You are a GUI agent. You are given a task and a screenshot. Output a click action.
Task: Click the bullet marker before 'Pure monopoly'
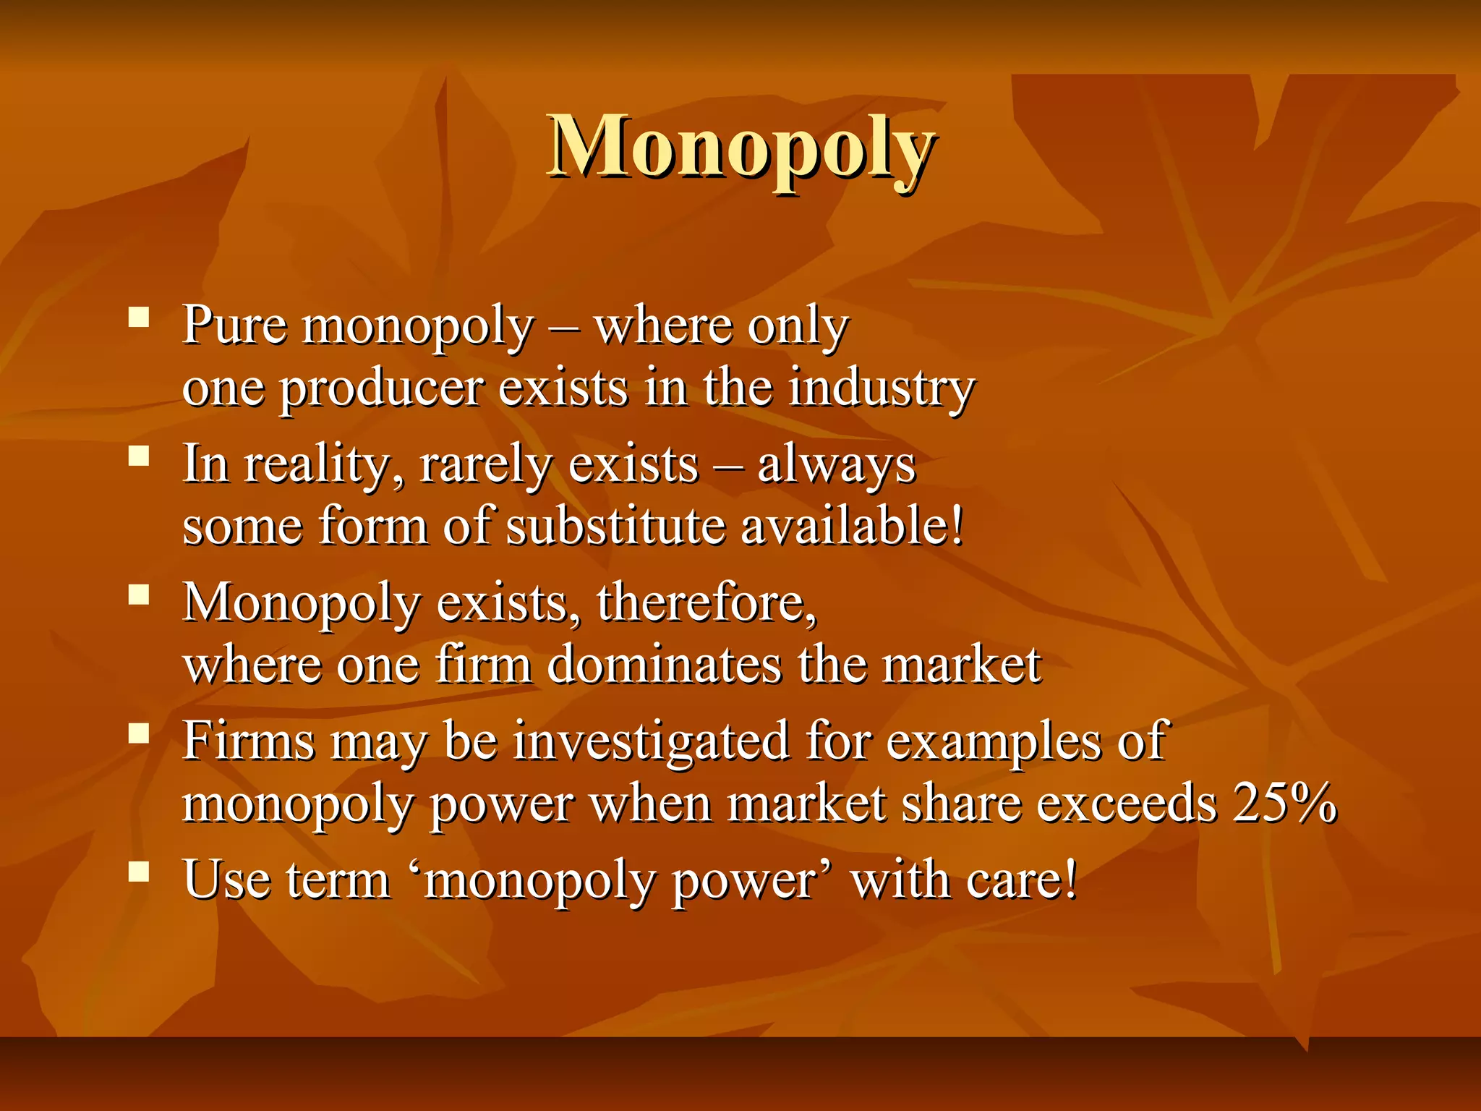pos(139,318)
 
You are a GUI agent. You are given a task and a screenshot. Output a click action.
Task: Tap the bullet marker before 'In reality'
pos(139,456)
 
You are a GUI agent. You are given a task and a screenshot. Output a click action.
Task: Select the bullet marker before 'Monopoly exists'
pos(139,595)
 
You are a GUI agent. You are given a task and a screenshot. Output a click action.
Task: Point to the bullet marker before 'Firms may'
pos(139,734)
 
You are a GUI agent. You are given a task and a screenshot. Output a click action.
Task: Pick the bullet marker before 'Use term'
pos(139,872)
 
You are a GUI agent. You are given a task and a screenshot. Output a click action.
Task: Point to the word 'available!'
pos(853,526)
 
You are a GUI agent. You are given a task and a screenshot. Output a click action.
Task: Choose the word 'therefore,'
pos(707,603)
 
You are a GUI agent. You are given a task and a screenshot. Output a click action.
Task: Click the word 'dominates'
pos(664,665)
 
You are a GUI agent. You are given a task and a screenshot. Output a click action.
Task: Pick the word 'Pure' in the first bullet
pos(234,325)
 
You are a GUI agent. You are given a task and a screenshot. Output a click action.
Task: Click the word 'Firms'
pos(249,741)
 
